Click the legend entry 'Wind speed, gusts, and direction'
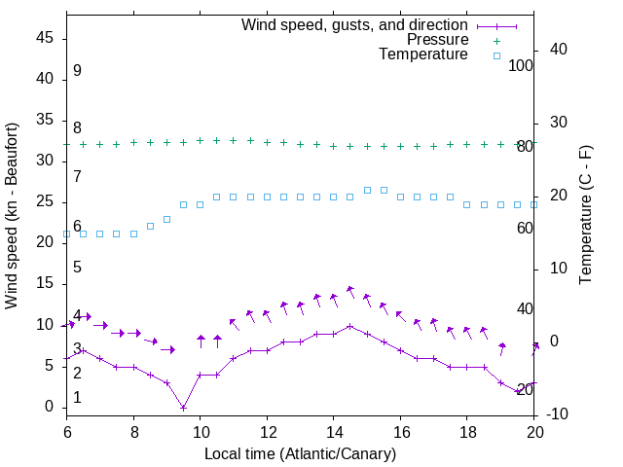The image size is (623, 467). tap(354, 24)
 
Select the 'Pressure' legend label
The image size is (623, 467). tap(437, 40)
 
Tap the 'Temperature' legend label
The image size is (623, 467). tap(423, 54)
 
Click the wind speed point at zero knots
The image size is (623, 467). tap(183, 408)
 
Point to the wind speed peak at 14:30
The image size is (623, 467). tap(350, 326)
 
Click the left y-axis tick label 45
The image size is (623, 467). tap(45, 39)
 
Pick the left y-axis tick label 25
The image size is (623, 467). tap(45, 202)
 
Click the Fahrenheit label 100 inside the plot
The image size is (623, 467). tap(521, 65)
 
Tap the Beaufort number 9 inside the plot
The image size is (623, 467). tap(77, 71)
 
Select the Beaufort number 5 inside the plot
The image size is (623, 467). tap(77, 267)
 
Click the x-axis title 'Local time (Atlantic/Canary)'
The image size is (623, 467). tap(300, 453)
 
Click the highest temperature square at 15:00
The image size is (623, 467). tap(367, 190)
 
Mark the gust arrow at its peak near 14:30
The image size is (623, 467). tap(349, 291)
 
